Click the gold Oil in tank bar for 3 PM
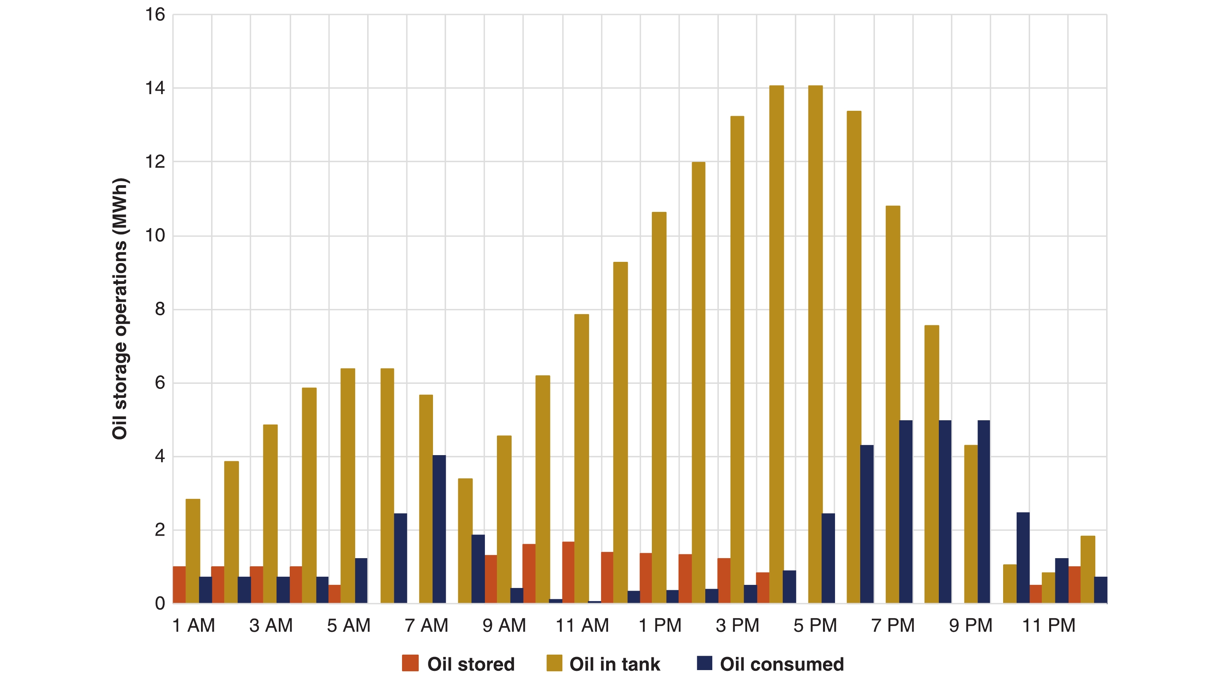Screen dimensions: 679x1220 (737, 360)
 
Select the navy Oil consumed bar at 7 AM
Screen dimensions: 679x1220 (439, 529)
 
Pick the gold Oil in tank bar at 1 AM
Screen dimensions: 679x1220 (193, 551)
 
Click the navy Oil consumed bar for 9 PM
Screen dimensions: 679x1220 (984, 511)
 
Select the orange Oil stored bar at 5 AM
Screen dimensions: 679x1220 (334, 594)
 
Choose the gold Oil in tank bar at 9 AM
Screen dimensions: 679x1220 (504, 519)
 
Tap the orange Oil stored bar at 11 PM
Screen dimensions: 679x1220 (1036, 594)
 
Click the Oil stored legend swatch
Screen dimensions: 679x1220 (410, 664)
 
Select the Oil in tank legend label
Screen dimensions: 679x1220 (614, 664)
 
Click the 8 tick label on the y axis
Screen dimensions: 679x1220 (160, 309)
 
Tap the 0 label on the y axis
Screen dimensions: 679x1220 (160, 603)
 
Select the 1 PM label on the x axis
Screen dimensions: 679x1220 (660, 626)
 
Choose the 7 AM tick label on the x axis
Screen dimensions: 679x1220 (426, 626)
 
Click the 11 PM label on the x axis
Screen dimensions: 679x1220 (1048, 626)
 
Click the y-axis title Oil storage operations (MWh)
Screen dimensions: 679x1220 (120, 309)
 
